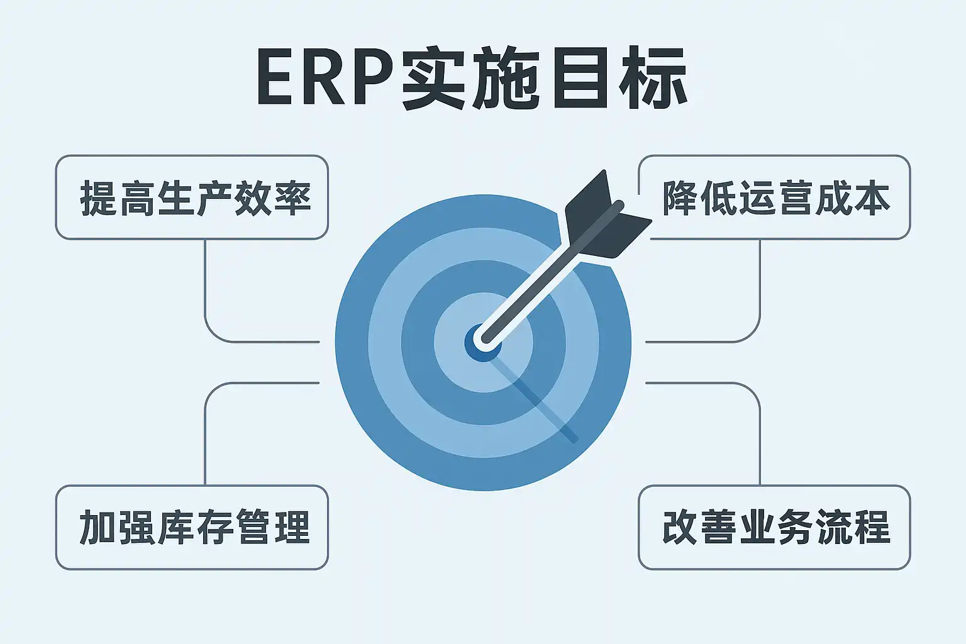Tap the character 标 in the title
pos(654,79)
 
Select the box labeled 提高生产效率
pos(192,197)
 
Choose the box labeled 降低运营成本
pos(774,197)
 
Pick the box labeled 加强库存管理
pos(192,527)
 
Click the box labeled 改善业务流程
pos(774,527)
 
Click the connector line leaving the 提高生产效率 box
pos(206,289)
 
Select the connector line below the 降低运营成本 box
pos(760,289)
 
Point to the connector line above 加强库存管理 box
pos(206,434)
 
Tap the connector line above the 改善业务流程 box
pos(760,434)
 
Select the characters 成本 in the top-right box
pos(852,199)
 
